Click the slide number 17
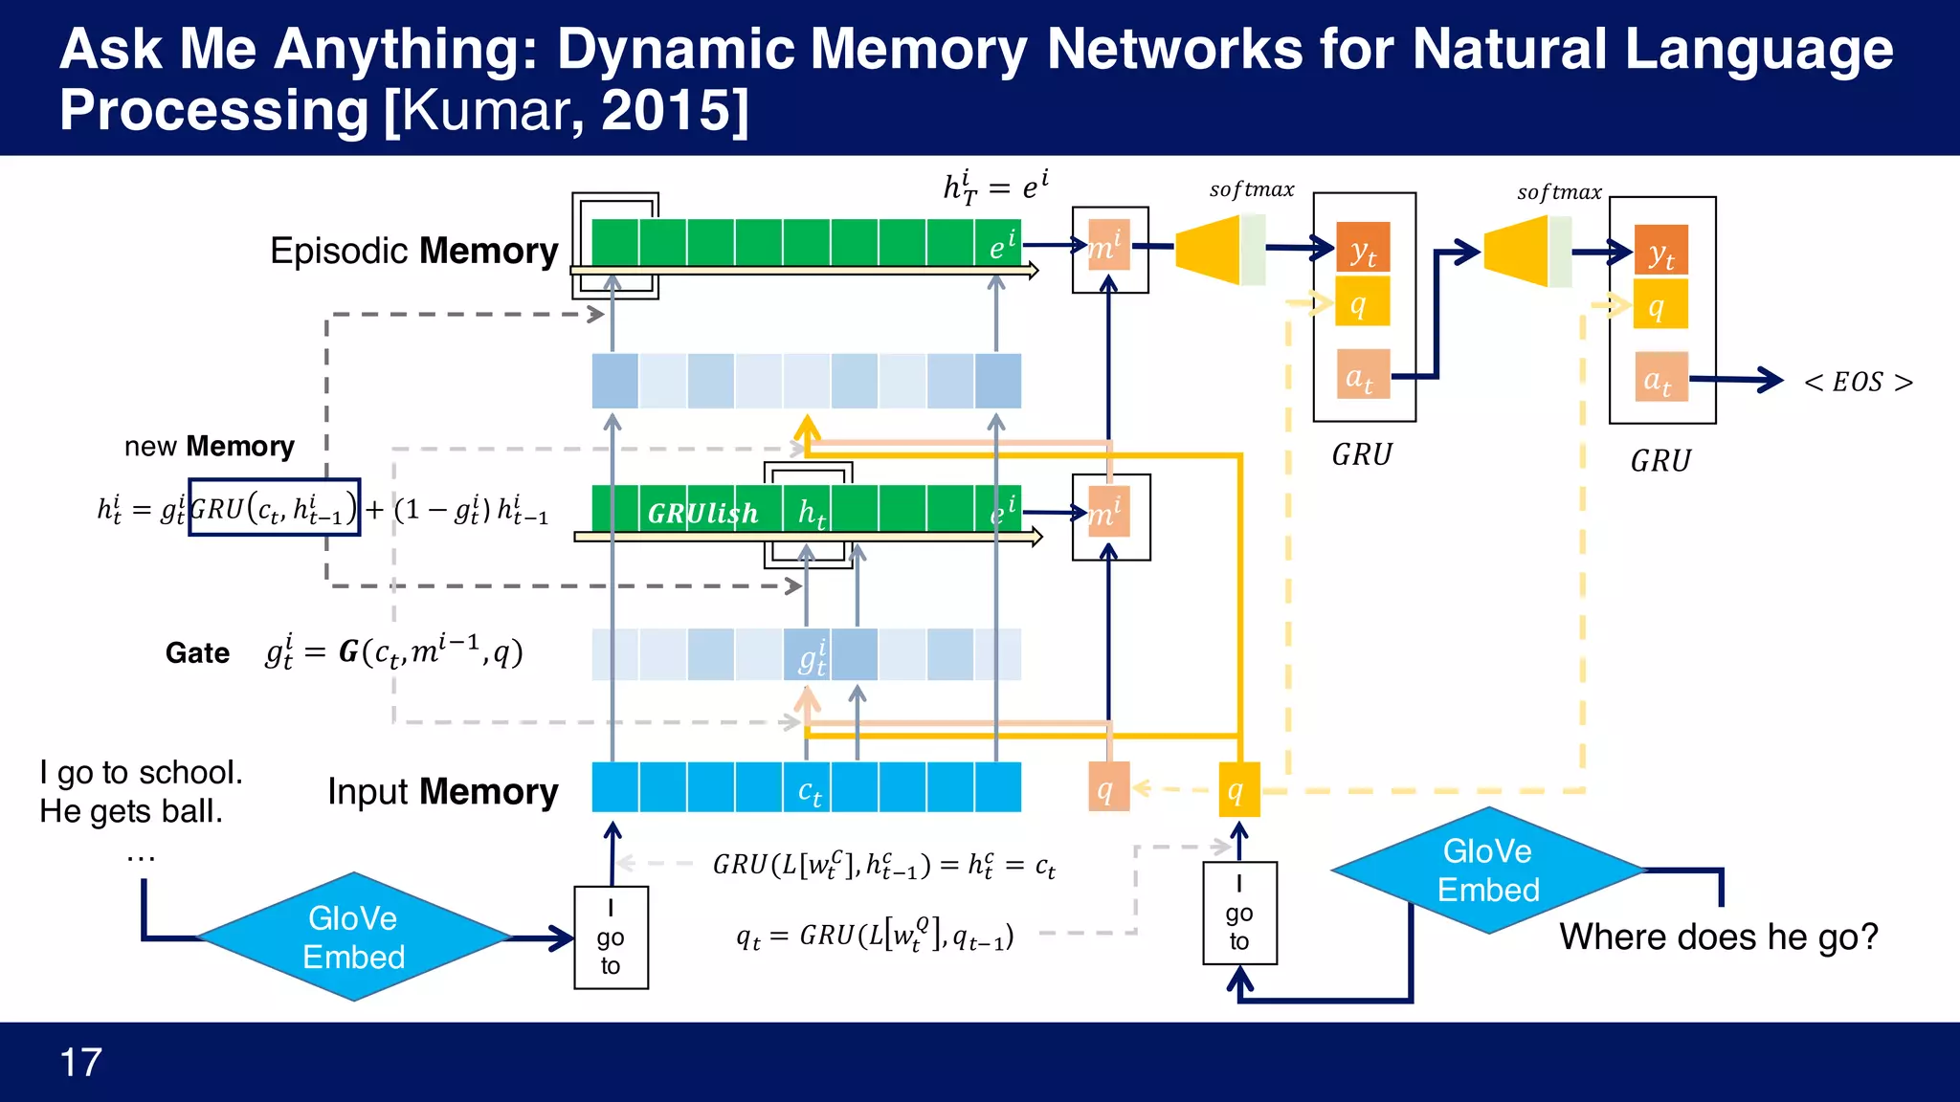[x=80, y=1062]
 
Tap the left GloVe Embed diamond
[x=353, y=937]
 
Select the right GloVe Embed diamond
[x=1487, y=871]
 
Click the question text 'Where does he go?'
[x=1719, y=937]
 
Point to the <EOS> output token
[x=1858, y=382]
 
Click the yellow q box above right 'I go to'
[x=1238, y=789]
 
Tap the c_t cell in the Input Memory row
[x=808, y=788]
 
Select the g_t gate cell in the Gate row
[x=808, y=655]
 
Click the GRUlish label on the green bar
[x=702, y=514]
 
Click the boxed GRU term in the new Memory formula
[x=274, y=508]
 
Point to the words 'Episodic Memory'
[x=413, y=251]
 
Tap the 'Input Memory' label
[x=442, y=792]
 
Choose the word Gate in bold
[x=197, y=653]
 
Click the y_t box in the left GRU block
[x=1363, y=250]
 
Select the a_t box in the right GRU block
[x=1660, y=377]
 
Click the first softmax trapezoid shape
[x=1208, y=249]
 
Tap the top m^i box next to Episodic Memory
[x=1108, y=247]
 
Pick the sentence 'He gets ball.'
[x=131, y=811]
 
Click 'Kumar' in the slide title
[x=488, y=111]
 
